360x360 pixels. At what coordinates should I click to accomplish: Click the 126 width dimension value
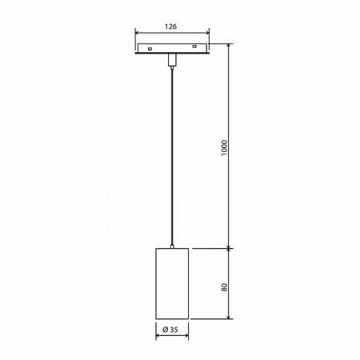click(171, 26)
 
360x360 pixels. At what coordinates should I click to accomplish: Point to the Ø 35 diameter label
click(170, 330)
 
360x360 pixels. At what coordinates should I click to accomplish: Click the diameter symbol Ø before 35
click(164, 330)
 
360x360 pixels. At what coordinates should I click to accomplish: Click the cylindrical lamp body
click(171, 285)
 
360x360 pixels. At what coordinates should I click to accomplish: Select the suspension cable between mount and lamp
click(171, 160)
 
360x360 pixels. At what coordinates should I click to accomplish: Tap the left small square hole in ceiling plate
click(150, 50)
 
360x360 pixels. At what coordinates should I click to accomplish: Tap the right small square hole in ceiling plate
click(194, 50)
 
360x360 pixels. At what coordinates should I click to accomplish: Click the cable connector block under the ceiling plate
click(171, 61)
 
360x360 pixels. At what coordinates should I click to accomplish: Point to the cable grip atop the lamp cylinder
click(171, 246)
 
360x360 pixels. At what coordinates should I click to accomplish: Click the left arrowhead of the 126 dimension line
click(137, 35)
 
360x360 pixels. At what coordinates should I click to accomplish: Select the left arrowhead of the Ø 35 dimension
click(158, 336)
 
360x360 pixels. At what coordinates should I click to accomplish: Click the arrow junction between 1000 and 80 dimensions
click(230, 248)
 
